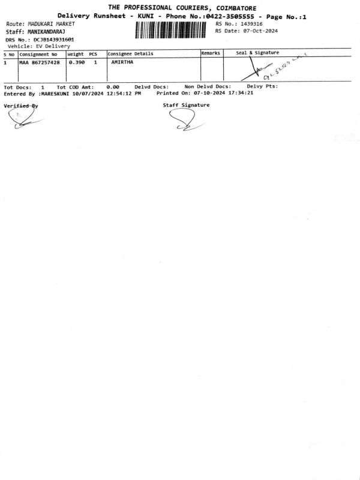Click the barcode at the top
[x=170, y=30]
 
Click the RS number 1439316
[x=251, y=24]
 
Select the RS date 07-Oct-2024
[x=260, y=31]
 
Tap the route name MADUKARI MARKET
[x=52, y=24]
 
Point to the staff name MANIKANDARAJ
[x=47, y=32]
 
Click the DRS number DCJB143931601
[x=53, y=40]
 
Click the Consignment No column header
[x=38, y=55]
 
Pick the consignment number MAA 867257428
[x=40, y=62]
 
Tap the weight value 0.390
[x=77, y=62]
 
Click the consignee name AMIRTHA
[x=122, y=62]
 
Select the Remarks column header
[x=211, y=53]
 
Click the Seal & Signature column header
[x=257, y=53]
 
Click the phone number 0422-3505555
[x=230, y=16]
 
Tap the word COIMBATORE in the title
[x=236, y=8]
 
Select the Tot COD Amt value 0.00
[x=113, y=87]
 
